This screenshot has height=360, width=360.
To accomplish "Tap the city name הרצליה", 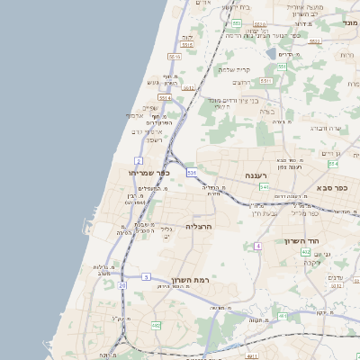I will coord(198,226).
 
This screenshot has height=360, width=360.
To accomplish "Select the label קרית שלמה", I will coord(238,70).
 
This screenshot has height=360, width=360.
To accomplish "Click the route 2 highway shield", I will coord(139,161).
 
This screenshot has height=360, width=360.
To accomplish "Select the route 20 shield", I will coord(121,285).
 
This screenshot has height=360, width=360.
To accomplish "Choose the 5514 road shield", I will coord(165,97).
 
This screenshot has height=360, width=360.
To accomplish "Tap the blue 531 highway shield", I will coord(192,172).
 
